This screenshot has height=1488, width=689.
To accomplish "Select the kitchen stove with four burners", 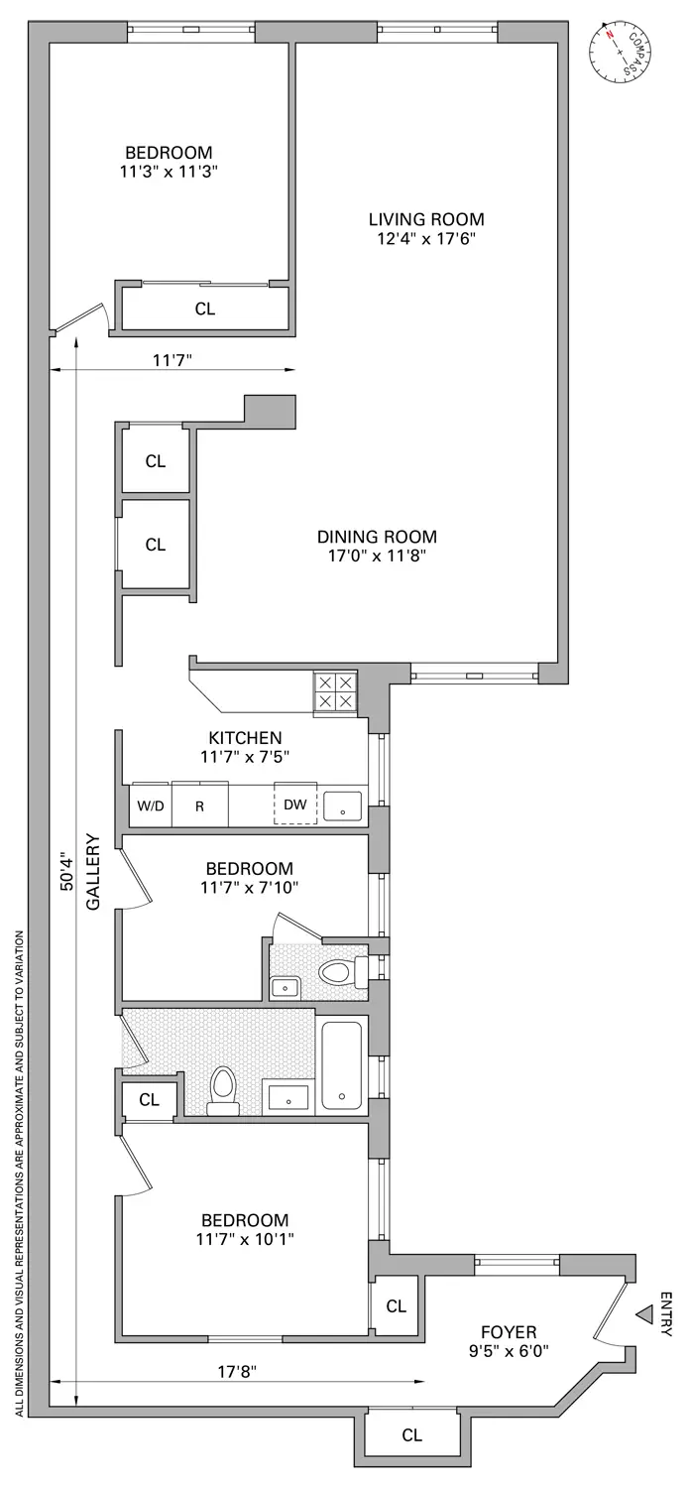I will click(335, 691).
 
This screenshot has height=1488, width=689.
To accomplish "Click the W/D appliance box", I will click(151, 806).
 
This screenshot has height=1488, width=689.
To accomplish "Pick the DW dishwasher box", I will click(295, 805).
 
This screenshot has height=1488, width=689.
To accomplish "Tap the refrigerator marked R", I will click(199, 806).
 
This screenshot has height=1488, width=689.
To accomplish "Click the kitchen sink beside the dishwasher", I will click(344, 806).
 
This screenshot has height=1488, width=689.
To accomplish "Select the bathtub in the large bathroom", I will click(342, 1063).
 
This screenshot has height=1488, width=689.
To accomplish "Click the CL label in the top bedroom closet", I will click(204, 309).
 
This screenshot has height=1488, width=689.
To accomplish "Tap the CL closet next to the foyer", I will click(397, 1306).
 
